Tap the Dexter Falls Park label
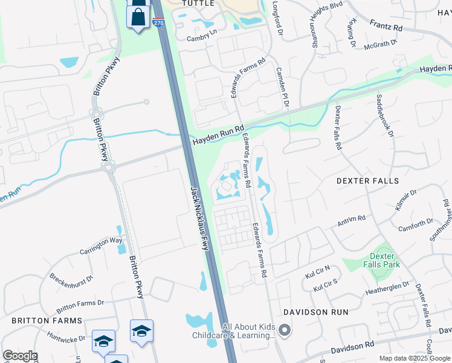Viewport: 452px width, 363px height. coord(385,260)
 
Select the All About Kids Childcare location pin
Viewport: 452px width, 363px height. coord(285,330)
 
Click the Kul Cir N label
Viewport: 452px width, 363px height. coord(318,272)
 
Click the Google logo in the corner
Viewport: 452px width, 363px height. coord(20,356)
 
